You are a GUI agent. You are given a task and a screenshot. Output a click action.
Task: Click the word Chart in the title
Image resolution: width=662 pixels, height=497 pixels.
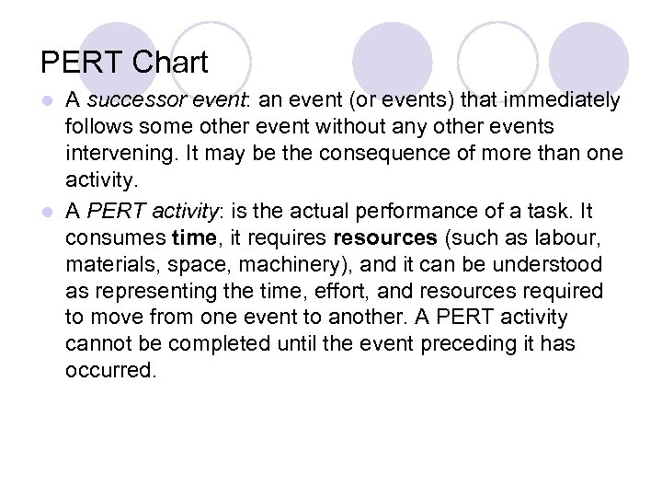170,63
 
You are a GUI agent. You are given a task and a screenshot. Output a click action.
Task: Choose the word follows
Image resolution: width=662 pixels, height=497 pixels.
98,125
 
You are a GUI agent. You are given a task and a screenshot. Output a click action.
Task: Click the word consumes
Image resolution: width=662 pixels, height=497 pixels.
116,238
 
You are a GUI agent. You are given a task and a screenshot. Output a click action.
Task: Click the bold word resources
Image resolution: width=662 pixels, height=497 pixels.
385,238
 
